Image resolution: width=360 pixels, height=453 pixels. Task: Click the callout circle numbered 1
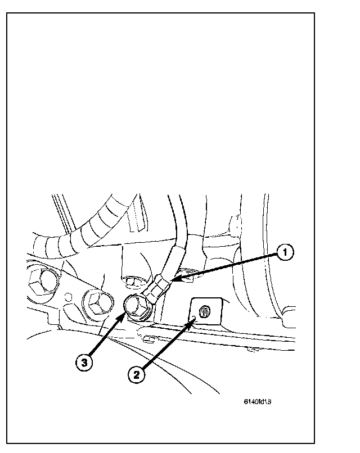[x=285, y=254]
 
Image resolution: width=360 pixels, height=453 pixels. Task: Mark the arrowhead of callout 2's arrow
[x=195, y=319]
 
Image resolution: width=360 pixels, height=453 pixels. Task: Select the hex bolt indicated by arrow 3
[x=136, y=306]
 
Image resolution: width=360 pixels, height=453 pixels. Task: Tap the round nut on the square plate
[x=205, y=310]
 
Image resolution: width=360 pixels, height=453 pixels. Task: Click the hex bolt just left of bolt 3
[x=96, y=303]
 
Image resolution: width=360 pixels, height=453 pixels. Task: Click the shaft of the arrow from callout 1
[x=225, y=267]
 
